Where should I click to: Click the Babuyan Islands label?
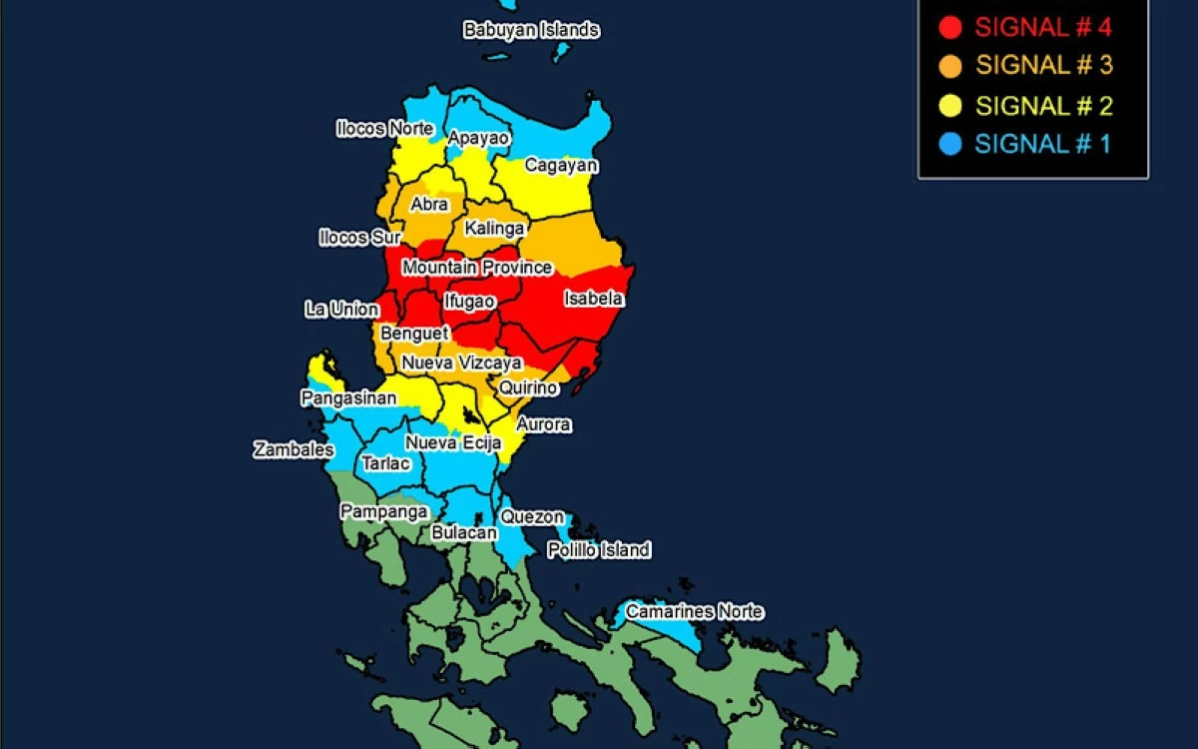pyautogui.click(x=531, y=30)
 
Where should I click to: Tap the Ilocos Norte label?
pyautogui.click(x=384, y=129)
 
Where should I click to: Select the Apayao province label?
pyautogui.click(x=479, y=138)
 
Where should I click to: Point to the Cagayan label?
pyautogui.click(x=561, y=166)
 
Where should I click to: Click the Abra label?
pyautogui.click(x=429, y=205)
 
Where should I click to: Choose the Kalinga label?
pyautogui.click(x=494, y=230)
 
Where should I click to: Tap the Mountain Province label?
pyautogui.click(x=477, y=268)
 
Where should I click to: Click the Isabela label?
pyautogui.click(x=593, y=299)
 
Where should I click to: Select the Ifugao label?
pyautogui.click(x=469, y=301)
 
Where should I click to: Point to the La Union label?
pyautogui.click(x=341, y=310)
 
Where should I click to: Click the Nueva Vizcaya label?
pyautogui.click(x=461, y=363)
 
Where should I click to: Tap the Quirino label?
pyautogui.click(x=528, y=387)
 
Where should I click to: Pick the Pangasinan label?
pyautogui.click(x=348, y=398)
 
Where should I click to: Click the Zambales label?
pyautogui.click(x=294, y=450)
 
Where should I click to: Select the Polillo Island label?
pyautogui.click(x=598, y=550)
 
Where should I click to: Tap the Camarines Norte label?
pyautogui.click(x=694, y=611)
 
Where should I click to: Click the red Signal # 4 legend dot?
pyautogui.click(x=950, y=28)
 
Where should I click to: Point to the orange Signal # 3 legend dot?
pyautogui.click(x=950, y=67)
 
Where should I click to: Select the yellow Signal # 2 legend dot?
pyautogui.click(x=950, y=106)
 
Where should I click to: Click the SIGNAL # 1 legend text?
pyautogui.click(x=1042, y=144)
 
